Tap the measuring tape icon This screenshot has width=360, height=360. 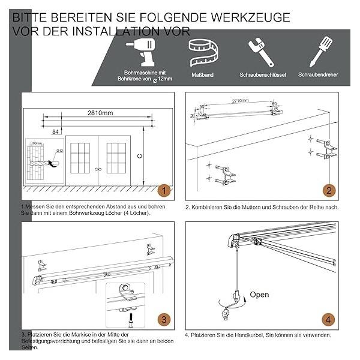203,53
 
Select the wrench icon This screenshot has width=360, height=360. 262,53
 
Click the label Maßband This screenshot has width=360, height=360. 203,75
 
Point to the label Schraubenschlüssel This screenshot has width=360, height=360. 262,75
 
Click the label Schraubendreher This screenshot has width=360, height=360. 320,75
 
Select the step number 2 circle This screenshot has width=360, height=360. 328,191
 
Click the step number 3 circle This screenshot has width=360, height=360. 163,319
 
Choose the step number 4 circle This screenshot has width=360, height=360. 328,319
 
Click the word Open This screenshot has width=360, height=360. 259,295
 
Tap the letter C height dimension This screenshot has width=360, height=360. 139,158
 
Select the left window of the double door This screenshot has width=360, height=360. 80,158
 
